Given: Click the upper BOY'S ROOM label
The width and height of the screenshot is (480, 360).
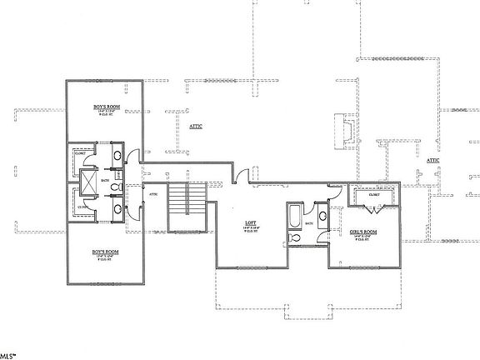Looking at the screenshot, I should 105,108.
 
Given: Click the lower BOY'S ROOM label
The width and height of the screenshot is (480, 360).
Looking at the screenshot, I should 105,251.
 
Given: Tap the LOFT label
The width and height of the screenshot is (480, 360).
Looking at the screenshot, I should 249,222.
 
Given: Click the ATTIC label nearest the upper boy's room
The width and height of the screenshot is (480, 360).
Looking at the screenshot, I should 197,126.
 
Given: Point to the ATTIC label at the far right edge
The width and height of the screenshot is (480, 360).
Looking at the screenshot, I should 432,160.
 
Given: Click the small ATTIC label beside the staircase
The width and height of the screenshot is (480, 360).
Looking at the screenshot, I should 153,195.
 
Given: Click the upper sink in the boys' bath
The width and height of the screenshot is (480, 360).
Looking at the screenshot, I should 117,157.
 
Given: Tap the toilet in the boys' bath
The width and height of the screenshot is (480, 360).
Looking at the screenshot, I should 115,191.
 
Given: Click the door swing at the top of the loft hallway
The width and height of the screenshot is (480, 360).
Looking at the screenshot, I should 241,175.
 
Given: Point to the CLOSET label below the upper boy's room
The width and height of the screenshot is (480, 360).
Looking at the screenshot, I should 80,153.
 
